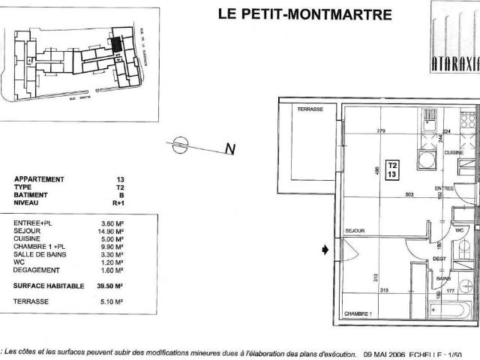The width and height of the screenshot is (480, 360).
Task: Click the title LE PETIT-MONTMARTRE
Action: (x=304, y=13)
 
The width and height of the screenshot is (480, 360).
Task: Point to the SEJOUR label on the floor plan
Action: (x=354, y=230)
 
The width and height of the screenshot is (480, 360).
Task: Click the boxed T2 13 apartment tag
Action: (x=392, y=169)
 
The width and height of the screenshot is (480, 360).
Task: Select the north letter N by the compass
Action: (x=230, y=149)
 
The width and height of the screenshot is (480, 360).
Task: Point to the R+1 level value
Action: (x=118, y=202)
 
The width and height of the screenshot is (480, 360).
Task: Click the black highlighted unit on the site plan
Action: (x=116, y=43)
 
